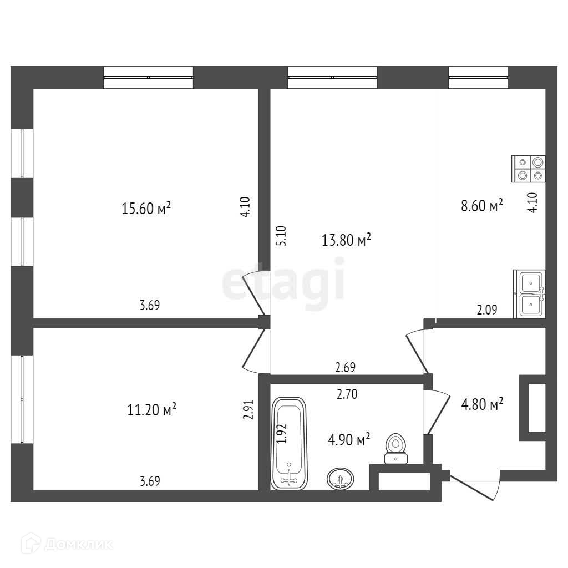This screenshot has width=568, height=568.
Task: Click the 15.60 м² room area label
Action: point(146,209)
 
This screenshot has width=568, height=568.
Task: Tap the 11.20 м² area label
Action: point(152,410)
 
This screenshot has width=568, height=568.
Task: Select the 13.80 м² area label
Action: point(346,240)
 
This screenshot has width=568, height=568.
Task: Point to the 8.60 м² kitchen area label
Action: point(481,206)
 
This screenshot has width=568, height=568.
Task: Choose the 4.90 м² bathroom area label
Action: point(348,440)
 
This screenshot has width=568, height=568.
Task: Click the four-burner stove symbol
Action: point(529,168)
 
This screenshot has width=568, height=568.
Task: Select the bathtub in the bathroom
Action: point(289,443)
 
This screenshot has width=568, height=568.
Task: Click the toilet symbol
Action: point(395,448)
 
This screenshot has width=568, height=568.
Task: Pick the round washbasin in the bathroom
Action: point(341,479)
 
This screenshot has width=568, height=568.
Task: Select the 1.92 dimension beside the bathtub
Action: point(282,433)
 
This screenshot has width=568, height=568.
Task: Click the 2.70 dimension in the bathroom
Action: point(347,395)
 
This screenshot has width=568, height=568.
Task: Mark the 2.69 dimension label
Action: point(345,367)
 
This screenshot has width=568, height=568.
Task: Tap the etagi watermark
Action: point(283,283)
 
